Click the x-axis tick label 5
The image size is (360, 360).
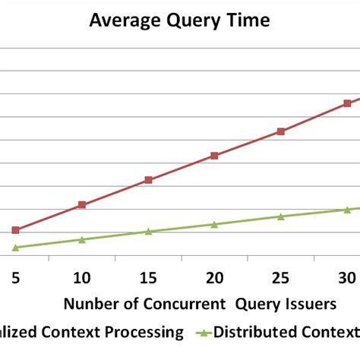pyautogui.click(x=16, y=277)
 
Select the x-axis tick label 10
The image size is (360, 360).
pyautogui.click(x=82, y=277)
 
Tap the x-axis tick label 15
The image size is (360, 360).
pyautogui.click(x=148, y=277)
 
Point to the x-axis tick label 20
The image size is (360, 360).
pyautogui.click(x=214, y=277)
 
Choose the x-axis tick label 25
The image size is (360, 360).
pyautogui.click(x=280, y=277)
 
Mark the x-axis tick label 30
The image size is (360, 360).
pyautogui.click(x=346, y=277)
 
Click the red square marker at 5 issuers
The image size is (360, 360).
pyautogui.click(x=16, y=230)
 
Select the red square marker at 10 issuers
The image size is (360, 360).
pyautogui.click(x=82, y=205)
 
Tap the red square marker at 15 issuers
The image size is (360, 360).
pyautogui.click(x=148, y=180)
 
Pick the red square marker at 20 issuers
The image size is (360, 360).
pyautogui.click(x=214, y=156)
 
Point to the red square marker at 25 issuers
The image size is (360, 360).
pyautogui.click(x=280, y=131)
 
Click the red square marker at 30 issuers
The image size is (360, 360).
pyautogui.click(x=347, y=103)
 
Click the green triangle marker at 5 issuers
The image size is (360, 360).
pyautogui.click(x=16, y=248)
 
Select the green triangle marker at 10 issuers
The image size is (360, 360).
pyautogui.click(x=82, y=239)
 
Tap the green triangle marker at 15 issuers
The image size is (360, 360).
pyautogui.click(x=148, y=231)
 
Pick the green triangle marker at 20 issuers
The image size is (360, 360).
pyautogui.click(x=214, y=224)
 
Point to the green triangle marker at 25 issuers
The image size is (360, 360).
pyautogui.click(x=280, y=216)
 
